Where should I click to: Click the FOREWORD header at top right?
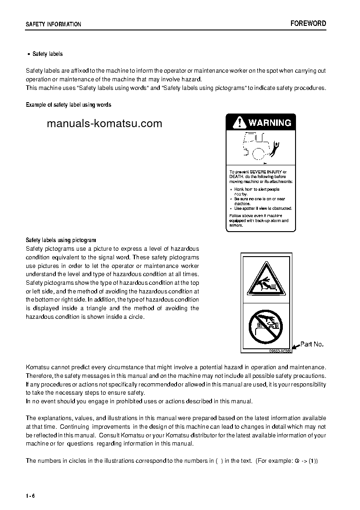tap(308, 24)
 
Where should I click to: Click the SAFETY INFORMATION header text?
tap(54, 25)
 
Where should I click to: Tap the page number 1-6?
tap(30, 495)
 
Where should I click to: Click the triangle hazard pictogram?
tap(266, 279)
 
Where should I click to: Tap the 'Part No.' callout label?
tap(312, 344)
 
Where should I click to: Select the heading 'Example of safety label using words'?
tap(69, 105)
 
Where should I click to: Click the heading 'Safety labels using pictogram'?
tap(61, 240)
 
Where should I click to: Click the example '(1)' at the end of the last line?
tap(313, 460)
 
